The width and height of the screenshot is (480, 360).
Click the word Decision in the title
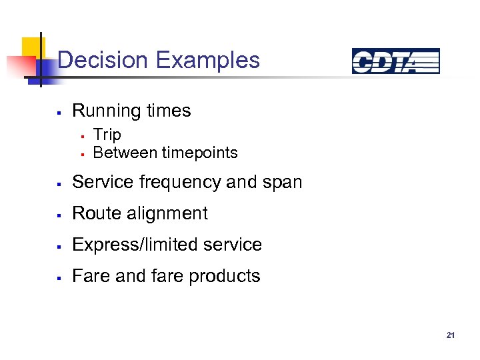tap(103, 60)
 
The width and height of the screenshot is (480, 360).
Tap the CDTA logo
tap(395, 61)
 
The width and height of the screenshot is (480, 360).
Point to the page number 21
tap(451, 335)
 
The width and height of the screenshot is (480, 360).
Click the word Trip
tap(107, 135)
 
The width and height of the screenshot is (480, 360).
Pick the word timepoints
tap(202, 153)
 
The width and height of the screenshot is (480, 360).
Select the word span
tap(283, 183)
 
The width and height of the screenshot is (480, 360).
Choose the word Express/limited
tap(137, 245)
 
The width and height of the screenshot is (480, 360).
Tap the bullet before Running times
tap(59, 112)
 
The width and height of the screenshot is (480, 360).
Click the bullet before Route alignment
tap(59, 215)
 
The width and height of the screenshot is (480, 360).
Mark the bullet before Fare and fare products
tap(59, 277)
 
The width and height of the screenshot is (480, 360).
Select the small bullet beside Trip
tap(81, 136)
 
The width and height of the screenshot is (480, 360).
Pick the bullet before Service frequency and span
tap(59, 183)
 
